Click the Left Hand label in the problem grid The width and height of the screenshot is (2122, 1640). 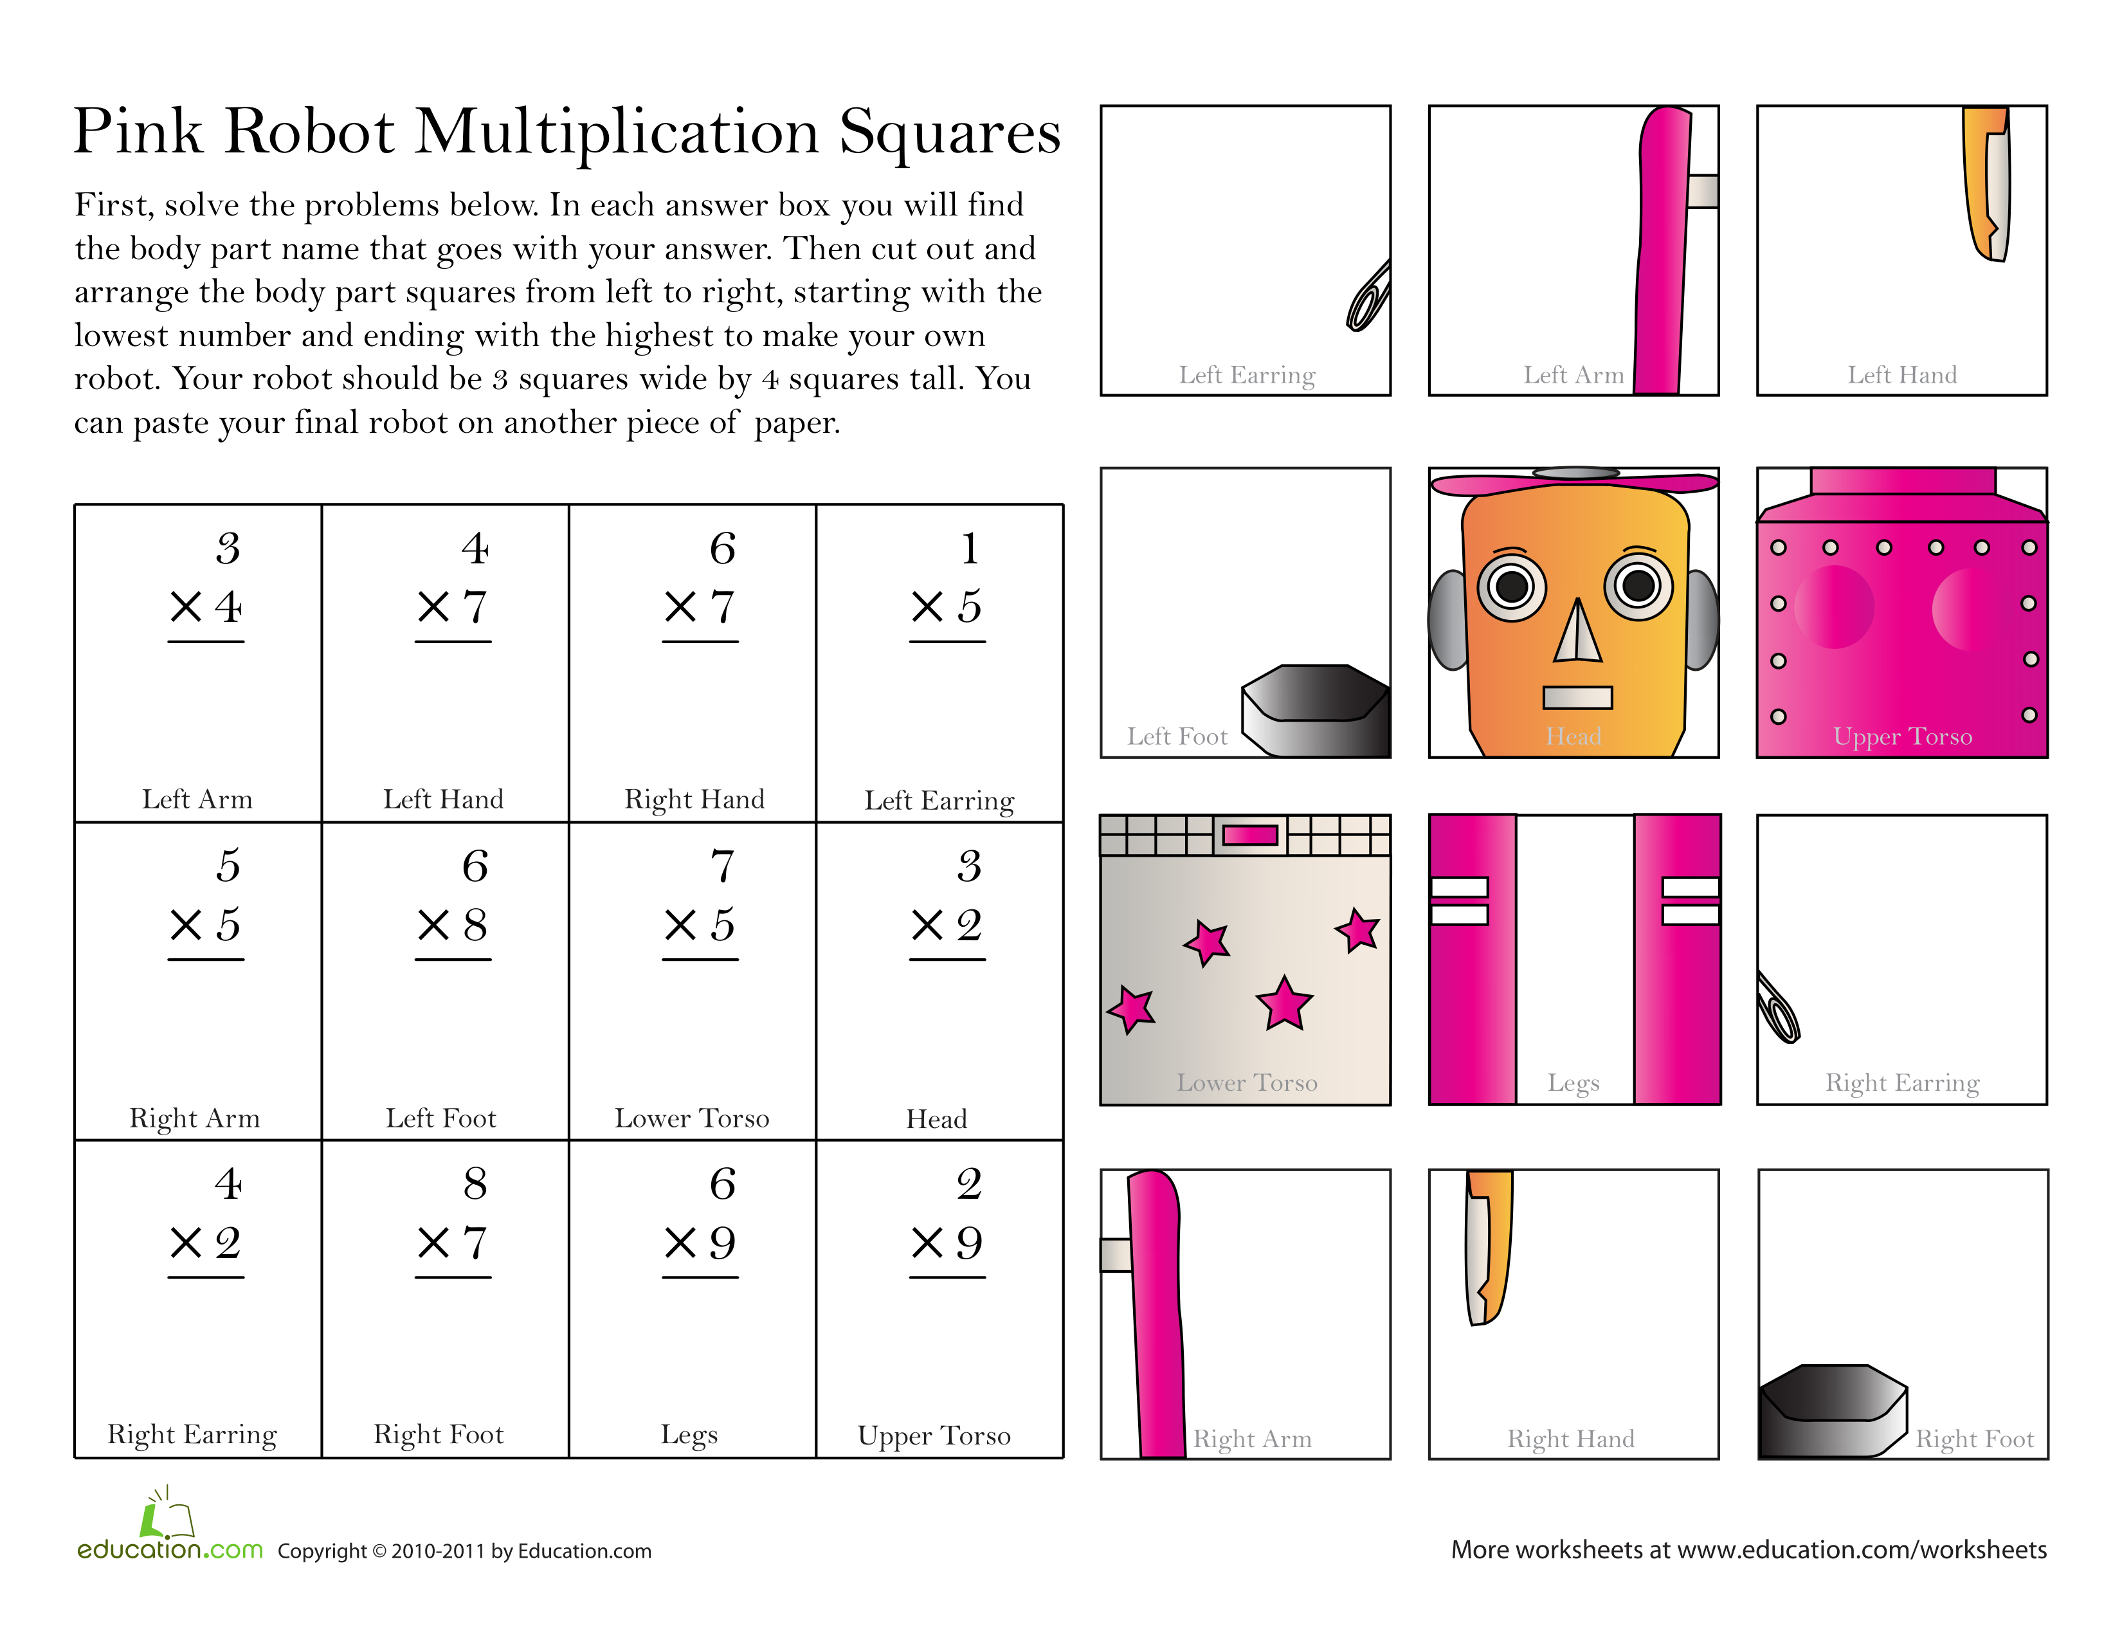(443, 799)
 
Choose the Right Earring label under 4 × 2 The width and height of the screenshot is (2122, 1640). (192, 1435)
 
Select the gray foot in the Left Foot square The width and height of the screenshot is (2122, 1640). (1316, 709)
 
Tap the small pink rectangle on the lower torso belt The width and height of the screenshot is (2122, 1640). (1249, 835)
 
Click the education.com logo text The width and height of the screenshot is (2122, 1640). (170, 1549)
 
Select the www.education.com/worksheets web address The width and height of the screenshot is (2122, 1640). (1862, 1550)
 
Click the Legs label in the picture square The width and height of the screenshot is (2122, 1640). (1573, 1082)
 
